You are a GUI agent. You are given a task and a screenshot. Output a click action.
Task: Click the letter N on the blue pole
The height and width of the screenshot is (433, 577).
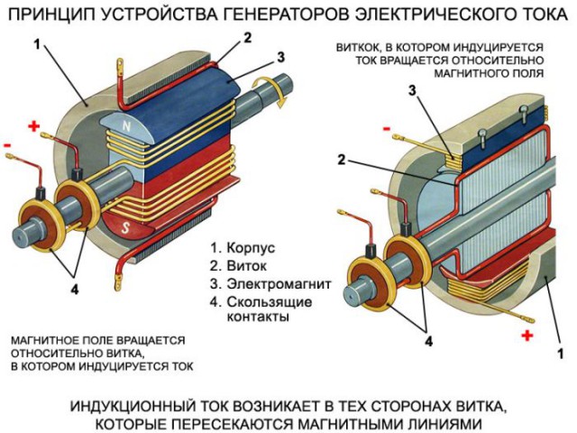[126, 127]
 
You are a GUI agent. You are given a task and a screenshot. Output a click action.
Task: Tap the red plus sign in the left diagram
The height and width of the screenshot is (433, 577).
[34, 127]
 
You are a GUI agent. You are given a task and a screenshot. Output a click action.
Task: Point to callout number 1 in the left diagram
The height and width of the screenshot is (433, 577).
[37, 43]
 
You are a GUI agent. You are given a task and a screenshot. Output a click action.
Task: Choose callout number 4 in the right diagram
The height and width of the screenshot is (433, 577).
[428, 342]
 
